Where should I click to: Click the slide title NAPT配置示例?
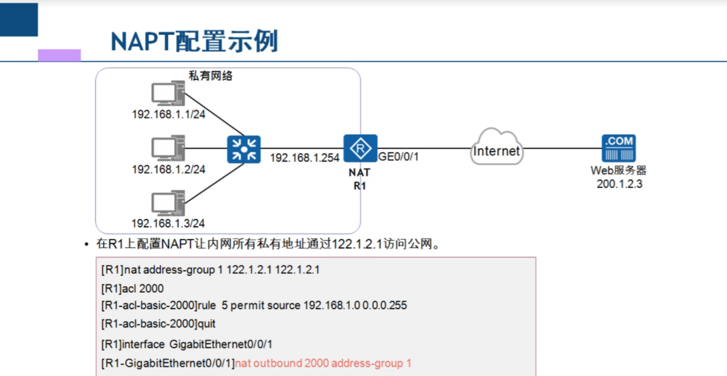[194, 41]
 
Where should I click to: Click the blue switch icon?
[244, 149]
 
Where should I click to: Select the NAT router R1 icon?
[360, 148]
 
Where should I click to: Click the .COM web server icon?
[619, 148]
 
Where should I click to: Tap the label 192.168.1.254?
[304, 158]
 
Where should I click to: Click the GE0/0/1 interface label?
[398, 156]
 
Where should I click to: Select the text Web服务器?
[618, 170]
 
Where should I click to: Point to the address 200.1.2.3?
[619, 184]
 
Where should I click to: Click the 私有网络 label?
[211, 76]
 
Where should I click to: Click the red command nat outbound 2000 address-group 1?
[323, 364]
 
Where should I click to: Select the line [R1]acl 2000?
[132, 289]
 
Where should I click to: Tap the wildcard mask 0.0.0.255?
[385, 305]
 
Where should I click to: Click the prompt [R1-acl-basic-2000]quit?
[158, 324]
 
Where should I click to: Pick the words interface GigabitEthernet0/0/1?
[221, 344]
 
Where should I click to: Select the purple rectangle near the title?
[59, 55]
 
